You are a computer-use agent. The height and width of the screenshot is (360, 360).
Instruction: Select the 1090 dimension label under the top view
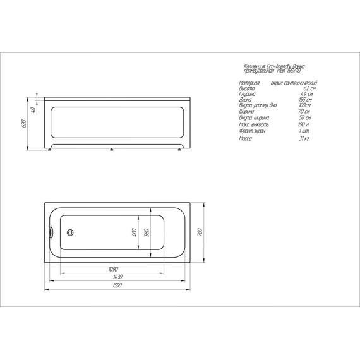point(113,269)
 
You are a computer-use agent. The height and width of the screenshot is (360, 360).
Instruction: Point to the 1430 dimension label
point(117,277)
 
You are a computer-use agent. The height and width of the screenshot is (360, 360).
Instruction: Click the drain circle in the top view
point(70,231)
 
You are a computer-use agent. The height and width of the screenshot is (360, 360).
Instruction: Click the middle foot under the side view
point(112,150)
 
